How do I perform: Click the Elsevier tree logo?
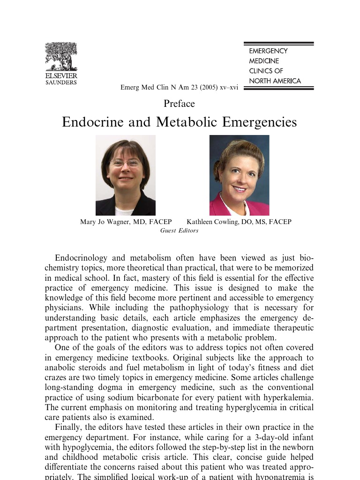point(61,57)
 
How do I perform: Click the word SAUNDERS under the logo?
point(61,82)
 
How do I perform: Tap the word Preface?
point(179,104)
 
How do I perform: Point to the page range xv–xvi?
point(226,88)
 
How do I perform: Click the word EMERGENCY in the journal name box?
point(268,51)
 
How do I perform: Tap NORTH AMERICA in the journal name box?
point(275,81)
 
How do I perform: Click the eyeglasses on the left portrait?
point(125,163)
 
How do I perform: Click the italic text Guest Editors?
point(179,230)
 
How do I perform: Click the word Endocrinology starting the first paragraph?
point(82,258)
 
